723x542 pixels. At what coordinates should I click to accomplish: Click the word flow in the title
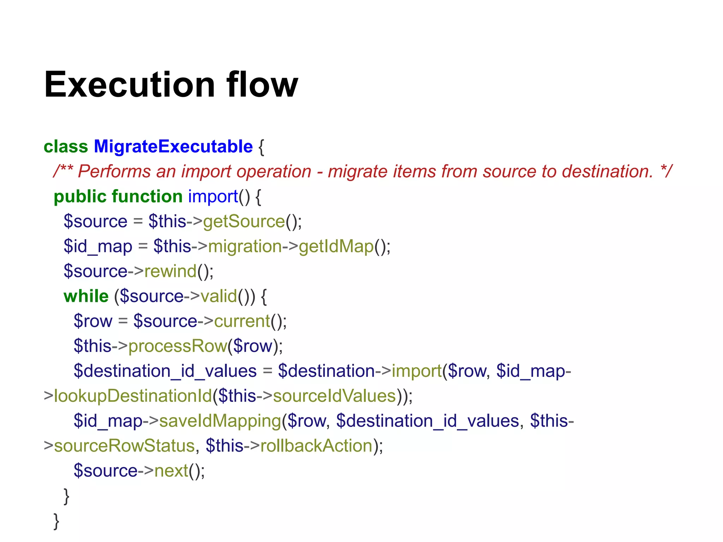point(262,85)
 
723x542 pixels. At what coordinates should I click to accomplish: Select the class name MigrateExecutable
point(173,146)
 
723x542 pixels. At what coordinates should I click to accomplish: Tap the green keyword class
point(66,146)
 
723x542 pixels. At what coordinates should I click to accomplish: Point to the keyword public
point(79,197)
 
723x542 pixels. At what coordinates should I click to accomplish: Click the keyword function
point(147,197)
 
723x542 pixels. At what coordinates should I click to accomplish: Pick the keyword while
point(86,296)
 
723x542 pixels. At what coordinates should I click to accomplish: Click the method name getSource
point(244,222)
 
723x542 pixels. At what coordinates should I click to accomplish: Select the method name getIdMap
point(336,246)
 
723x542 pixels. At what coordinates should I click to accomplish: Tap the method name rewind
point(170,271)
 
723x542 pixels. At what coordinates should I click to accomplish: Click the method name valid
point(219,296)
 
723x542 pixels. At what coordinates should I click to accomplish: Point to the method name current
point(242,321)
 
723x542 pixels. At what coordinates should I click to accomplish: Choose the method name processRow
point(177,346)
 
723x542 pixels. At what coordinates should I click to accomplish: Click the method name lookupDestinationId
point(133,396)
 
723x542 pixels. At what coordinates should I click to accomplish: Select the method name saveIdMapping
point(220,421)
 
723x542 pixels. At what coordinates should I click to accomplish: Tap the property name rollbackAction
point(316,446)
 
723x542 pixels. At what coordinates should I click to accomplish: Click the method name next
point(171,471)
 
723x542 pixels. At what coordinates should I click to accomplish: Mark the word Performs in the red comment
point(114,171)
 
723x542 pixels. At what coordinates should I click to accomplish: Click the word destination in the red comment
point(607,171)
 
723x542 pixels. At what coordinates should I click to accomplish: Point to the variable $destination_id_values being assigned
point(165,371)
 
